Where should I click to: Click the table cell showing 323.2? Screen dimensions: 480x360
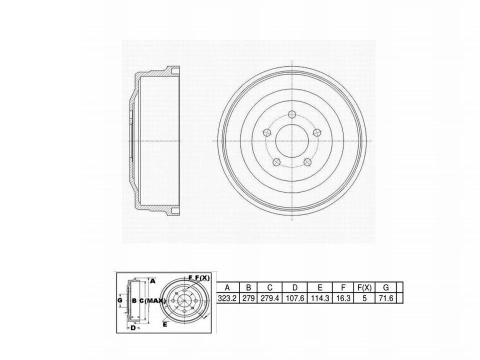pos(227,298)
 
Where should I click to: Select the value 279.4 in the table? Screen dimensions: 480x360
pos(269,298)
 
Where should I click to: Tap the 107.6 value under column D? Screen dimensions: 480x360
pos(295,298)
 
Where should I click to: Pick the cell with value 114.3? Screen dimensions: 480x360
pos(320,298)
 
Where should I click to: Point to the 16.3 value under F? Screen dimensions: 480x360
pos(343,298)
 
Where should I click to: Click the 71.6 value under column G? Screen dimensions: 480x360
pos(385,298)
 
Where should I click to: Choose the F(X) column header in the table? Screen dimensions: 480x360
pos(364,287)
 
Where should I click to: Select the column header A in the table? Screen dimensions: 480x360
pos(227,287)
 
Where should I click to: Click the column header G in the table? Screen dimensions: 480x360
pos(385,287)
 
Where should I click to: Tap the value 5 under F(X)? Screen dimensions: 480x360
pos(364,298)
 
